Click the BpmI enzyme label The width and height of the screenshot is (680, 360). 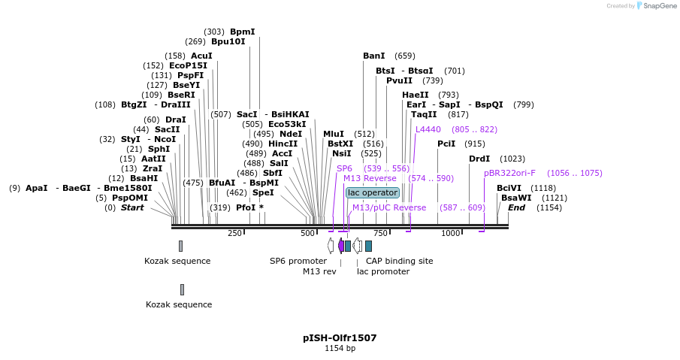tap(242, 32)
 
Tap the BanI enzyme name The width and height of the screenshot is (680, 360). tap(373, 56)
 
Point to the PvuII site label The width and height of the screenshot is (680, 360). tap(399, 80)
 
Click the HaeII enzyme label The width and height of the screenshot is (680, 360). tap(415, 95)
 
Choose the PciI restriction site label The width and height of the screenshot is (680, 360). tap(446, 144)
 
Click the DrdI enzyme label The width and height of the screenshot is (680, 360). tap(479, 159)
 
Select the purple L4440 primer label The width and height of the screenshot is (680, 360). tap(428, 129)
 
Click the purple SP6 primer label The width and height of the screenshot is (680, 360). tap(344, 168)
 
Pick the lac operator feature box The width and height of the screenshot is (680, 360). tap(372, 192)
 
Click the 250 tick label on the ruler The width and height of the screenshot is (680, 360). tap(234, 234)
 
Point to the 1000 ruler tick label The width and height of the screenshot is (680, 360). tap(450, 234)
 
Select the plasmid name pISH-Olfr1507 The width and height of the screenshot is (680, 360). tap(340, 338)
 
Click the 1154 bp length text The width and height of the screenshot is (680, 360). tap(340, 349)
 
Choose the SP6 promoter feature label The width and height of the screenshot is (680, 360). tap(298, 261)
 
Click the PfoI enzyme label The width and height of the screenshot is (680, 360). tap(246, 207)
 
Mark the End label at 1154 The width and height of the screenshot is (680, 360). tap(516, 207)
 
